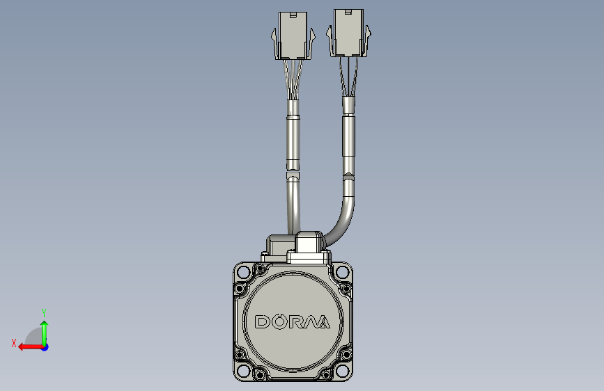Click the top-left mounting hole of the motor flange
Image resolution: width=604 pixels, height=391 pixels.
pyautogui.click(x=243, y=272)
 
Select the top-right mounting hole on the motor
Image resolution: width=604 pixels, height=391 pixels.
pyautogui.click(x=342, y=272)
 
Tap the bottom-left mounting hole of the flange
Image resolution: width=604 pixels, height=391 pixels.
pyautogui.click(x=243, y=372)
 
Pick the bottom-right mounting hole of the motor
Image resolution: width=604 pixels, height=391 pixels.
pyautogui.click(x=342, y=372)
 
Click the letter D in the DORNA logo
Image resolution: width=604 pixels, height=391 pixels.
pyautogui.click(x=263, y=321)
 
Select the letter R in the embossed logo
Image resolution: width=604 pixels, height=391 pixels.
pyautogui.click(x=297, y=321)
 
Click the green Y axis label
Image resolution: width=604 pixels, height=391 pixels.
pyautogui.click(x=44, y=312)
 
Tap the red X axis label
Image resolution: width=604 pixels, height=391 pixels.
pyautogui.click(x=14, y=343)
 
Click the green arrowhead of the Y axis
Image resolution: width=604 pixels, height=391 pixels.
pyautogui.click(x=45, y=324)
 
